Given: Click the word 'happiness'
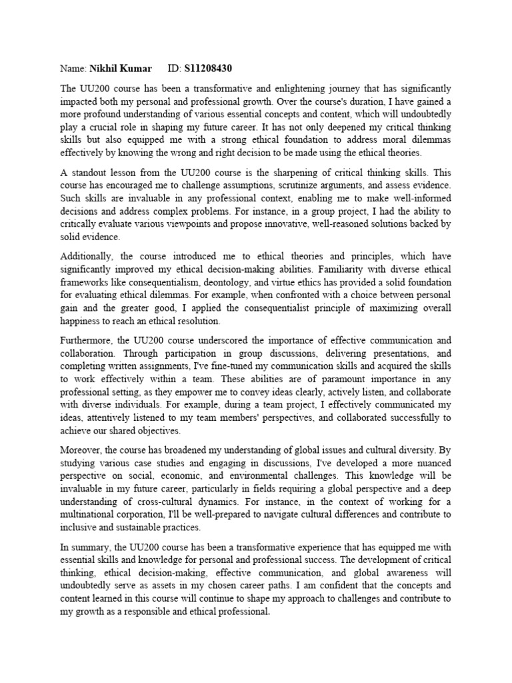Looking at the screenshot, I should (x=85, y=320).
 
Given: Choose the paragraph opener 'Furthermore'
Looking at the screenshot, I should (x=88, y=339).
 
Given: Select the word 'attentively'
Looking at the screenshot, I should (x=106, y=417).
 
